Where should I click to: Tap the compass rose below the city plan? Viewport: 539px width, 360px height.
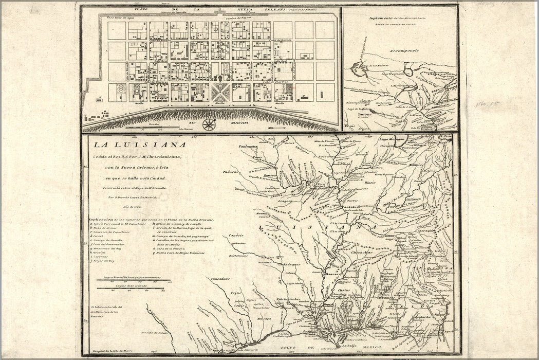click(x=209, y=124)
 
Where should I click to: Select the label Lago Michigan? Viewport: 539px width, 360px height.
click(x=393, y=139)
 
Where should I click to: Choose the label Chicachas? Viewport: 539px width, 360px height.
click(x=361, y=253)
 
